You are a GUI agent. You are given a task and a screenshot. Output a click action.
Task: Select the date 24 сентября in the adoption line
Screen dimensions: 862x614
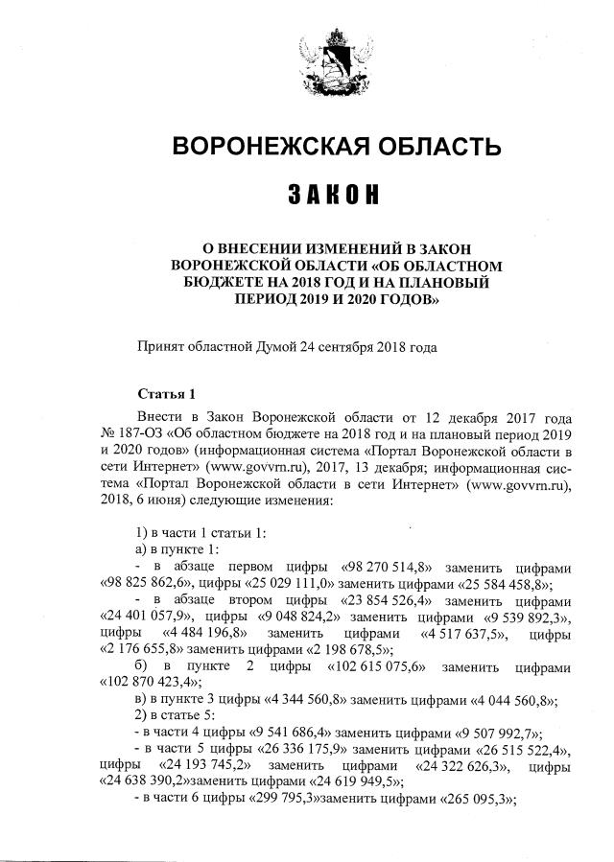(335, 346)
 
